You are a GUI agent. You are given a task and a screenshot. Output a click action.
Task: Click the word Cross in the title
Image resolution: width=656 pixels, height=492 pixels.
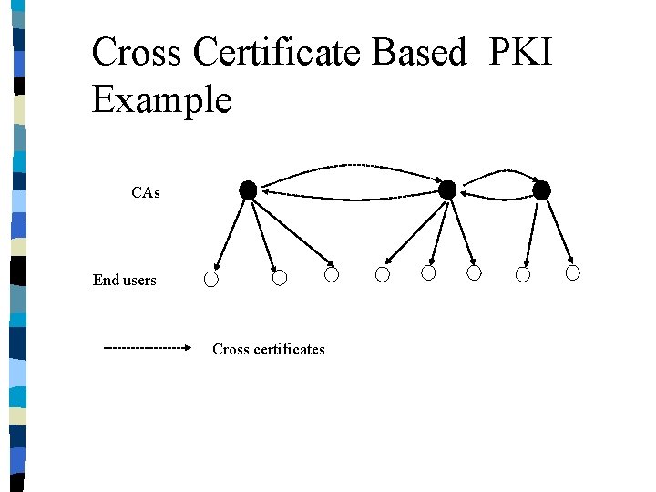(x=136, y=53)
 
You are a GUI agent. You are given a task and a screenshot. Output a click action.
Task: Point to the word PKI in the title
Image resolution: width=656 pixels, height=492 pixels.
(x=520, y=53)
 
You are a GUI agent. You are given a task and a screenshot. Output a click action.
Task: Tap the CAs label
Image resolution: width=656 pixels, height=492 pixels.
(x=146, y=193)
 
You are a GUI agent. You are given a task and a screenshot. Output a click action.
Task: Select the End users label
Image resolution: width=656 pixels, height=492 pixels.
(x=124, y=280)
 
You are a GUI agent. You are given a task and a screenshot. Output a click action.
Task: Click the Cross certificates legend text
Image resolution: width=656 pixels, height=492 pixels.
(x=268, y=349)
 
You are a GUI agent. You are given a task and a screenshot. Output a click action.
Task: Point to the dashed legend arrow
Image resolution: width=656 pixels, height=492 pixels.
(x=147, y=347)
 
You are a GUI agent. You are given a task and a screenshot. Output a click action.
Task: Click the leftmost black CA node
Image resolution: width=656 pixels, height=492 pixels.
(x=248, y=190)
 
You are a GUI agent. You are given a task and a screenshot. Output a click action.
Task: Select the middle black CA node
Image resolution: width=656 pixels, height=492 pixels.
(x=447, y=190)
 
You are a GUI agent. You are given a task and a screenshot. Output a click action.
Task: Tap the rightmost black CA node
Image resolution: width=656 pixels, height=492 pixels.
(x=541, y=190)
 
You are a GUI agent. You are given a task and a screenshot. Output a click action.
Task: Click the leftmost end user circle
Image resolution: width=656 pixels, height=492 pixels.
(x=211, y=280)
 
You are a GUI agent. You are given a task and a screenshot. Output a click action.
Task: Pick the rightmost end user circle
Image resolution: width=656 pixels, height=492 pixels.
(x=573, y=272)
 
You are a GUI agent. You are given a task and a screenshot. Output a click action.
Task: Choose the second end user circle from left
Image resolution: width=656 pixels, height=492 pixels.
(x=281, y=277)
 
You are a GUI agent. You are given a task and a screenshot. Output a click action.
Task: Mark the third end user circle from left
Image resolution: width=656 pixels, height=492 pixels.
(x=333, y=274)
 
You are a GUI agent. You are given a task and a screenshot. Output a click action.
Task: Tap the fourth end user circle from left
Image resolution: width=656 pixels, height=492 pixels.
(x=383, y=274)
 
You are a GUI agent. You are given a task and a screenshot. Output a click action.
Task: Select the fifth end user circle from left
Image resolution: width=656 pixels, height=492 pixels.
(x=429, y=273)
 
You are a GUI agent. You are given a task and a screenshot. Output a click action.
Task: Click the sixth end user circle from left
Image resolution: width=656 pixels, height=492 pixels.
(x=475, y=273)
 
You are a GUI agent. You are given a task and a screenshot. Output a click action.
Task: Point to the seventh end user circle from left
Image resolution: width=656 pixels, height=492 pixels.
(x=523, y=274)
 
